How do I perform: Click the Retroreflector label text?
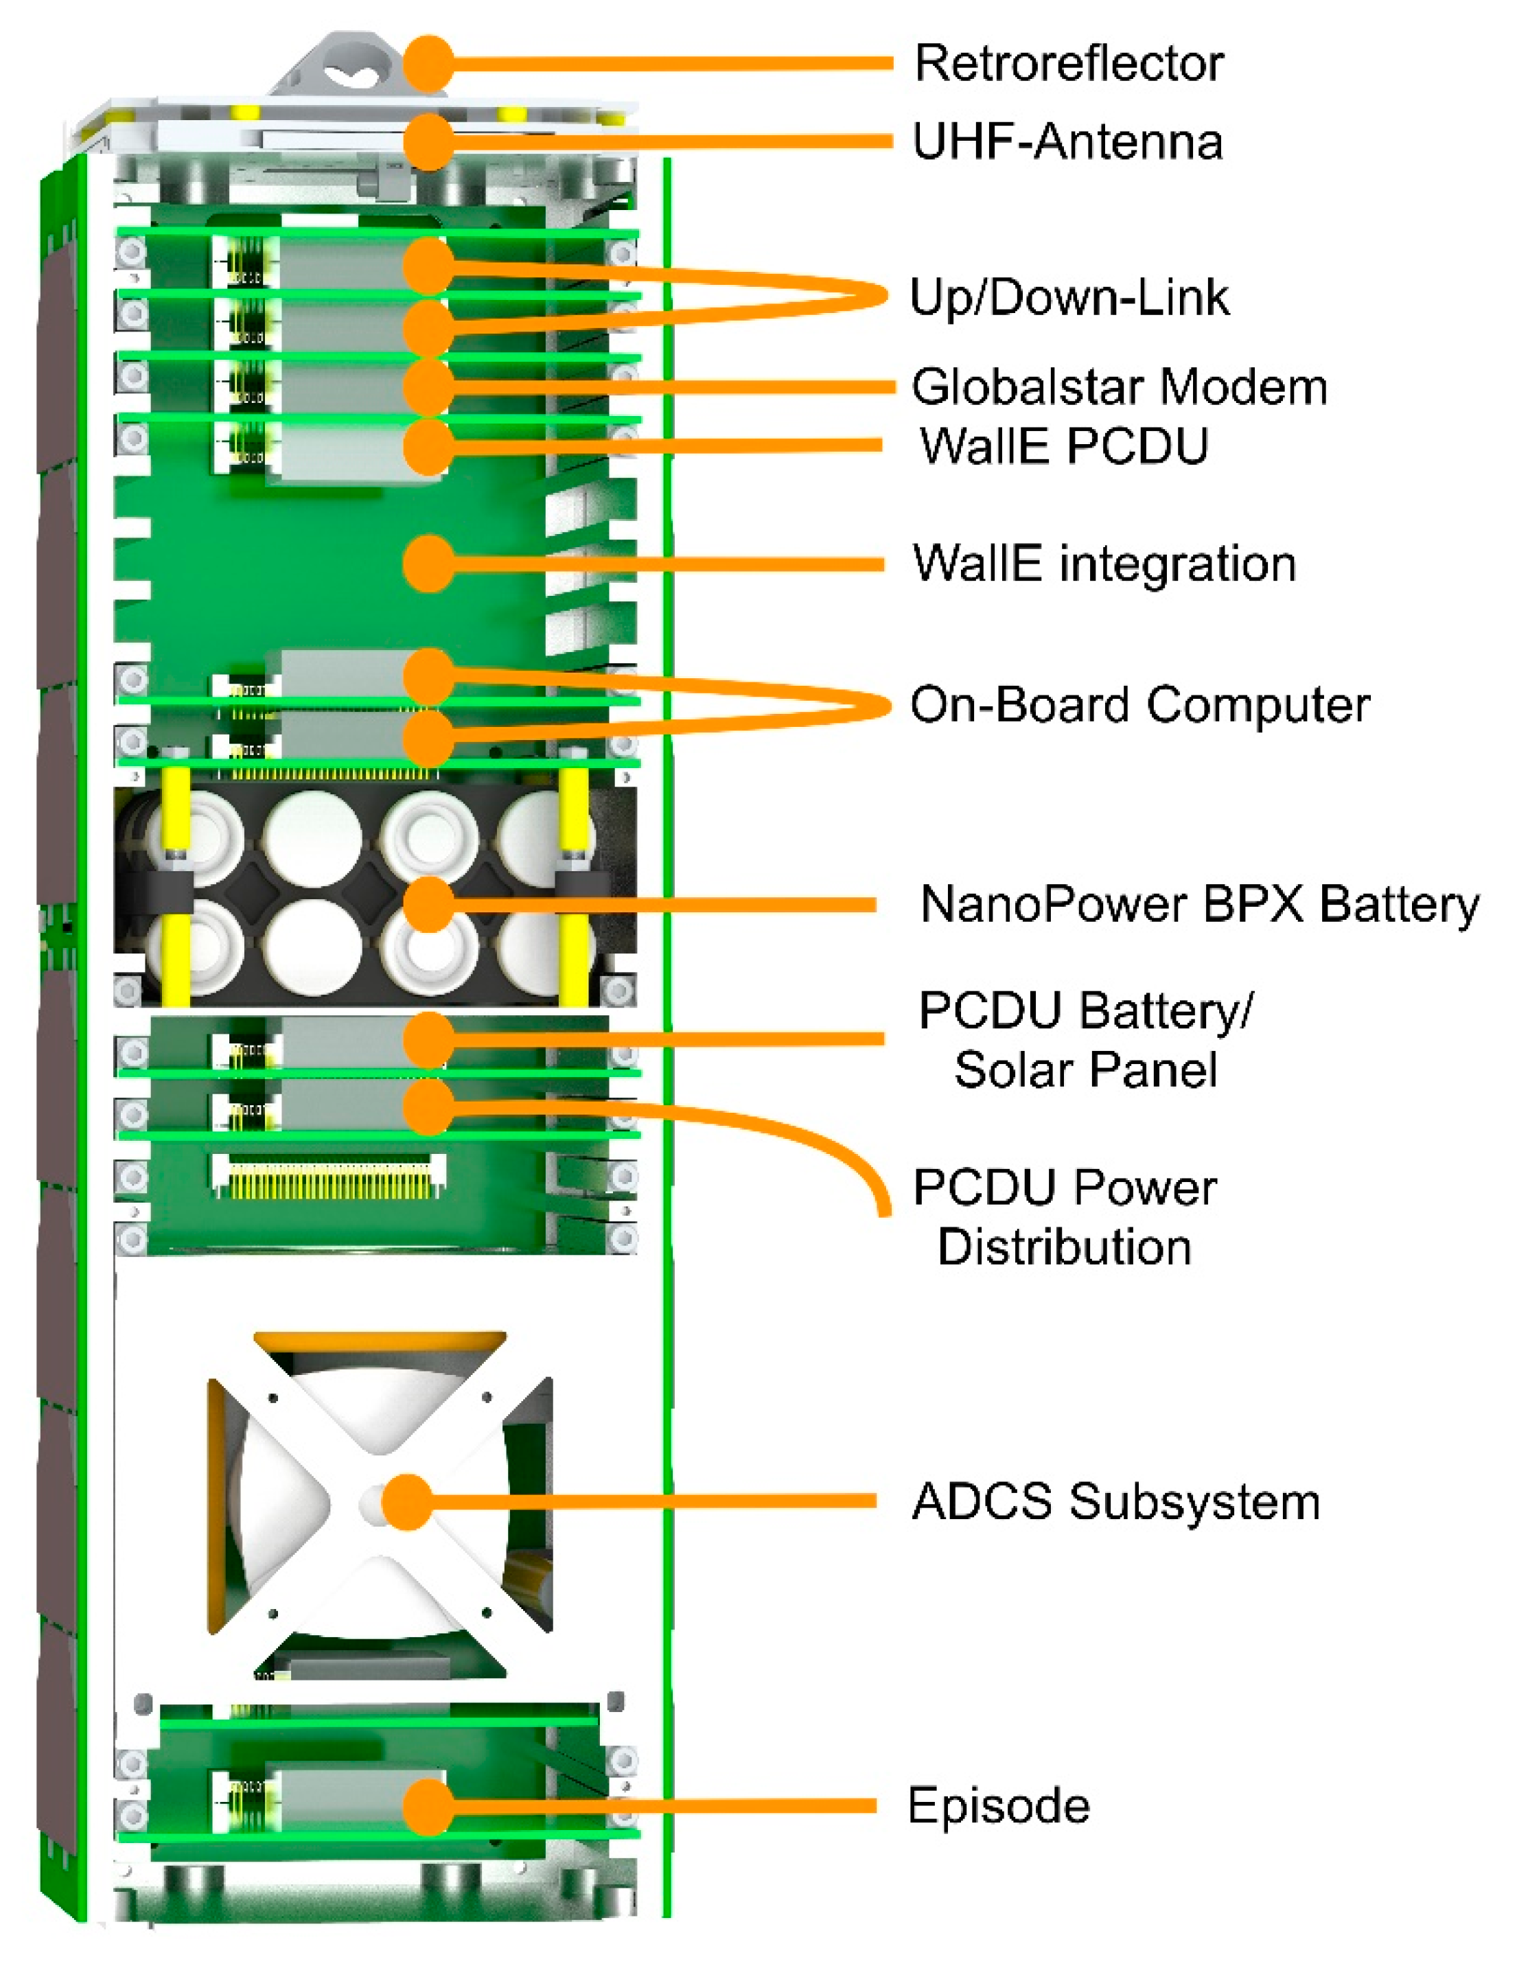point(1069,64)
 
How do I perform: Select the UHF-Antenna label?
point(1067,142)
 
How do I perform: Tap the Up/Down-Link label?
point(1069,297)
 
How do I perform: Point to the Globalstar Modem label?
point(1118,387)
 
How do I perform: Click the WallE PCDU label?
point(1063,446)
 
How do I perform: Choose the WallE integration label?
point(1104,564)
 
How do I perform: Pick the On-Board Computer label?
point(1139,705)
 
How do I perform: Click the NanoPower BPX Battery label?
point(1198,904)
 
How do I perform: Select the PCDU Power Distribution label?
point(1064,1217)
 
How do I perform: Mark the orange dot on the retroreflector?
point(428,64)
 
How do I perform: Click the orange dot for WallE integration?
point(428,564)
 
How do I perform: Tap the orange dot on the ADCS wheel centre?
point(407,1501)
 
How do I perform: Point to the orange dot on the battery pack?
point(428,904)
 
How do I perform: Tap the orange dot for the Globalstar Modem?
point(428,387)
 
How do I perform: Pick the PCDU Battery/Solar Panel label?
point(1085,1040)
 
